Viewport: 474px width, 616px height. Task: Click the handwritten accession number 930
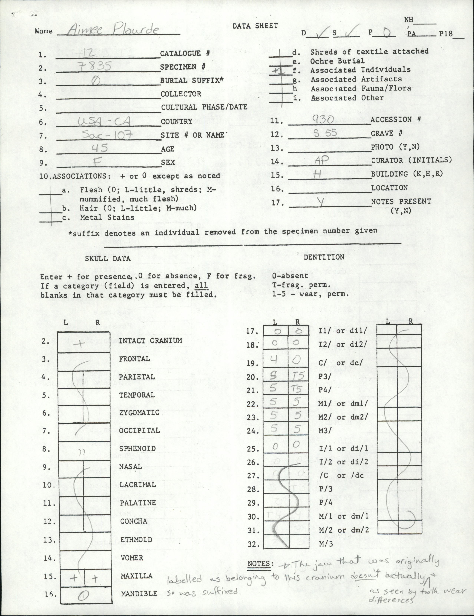point(323,120)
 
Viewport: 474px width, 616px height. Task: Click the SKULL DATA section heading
point(108,259)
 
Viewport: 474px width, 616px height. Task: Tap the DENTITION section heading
point(324,257)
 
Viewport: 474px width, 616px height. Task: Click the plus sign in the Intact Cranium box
point(80,343)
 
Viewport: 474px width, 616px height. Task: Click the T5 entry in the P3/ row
point(296,376)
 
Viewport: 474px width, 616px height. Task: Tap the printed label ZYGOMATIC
point(139,413)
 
